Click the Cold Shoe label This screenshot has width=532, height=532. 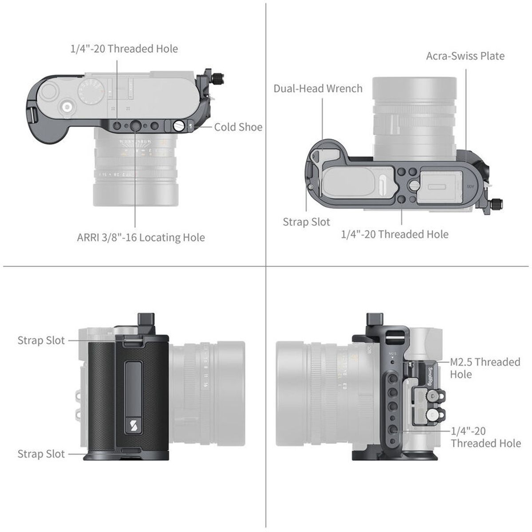238,127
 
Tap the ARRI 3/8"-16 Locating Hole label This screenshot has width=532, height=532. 141,238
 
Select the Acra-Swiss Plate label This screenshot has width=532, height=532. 465,56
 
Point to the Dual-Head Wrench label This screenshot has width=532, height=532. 318,88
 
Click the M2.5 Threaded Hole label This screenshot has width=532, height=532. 485,368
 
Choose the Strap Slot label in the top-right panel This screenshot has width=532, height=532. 306,222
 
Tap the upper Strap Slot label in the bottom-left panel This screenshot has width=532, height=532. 41,340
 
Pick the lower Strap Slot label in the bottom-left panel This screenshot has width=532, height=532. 41,454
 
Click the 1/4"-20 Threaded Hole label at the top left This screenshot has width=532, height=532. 124,49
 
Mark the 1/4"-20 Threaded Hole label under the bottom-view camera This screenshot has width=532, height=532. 394,234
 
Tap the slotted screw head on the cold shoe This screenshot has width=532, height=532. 179,126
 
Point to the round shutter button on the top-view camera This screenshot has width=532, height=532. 67,107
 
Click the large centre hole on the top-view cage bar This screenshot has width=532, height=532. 135,127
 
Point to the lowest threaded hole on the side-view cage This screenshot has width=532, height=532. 393,429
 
